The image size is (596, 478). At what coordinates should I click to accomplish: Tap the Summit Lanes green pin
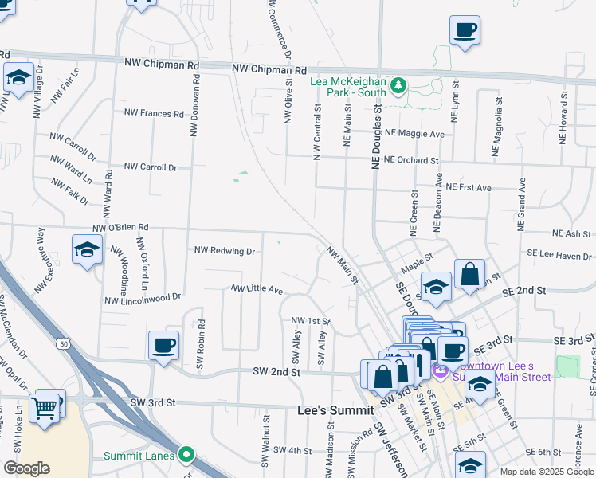pos(186,455)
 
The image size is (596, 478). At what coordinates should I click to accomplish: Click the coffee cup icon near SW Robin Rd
pos(164,345)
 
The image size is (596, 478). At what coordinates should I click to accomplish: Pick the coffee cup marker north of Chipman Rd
pos(465,30)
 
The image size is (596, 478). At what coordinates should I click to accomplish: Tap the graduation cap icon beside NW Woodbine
pos(87,250)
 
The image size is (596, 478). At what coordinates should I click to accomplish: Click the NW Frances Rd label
pos(154,113)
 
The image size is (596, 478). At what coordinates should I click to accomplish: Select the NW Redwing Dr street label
pos(225,251)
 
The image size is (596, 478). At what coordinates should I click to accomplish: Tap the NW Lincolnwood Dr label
pos(143,299)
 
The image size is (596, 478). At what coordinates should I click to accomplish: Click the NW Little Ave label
pos(257,289)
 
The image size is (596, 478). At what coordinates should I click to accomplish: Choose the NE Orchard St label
pos(411,160)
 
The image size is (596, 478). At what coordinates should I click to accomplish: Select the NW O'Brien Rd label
pos(121,228)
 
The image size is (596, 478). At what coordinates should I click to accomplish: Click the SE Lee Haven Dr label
pos(560,256)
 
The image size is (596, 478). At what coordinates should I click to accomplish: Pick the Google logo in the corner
pos(26,468)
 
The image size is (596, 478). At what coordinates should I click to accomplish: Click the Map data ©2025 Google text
pos(547,472)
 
